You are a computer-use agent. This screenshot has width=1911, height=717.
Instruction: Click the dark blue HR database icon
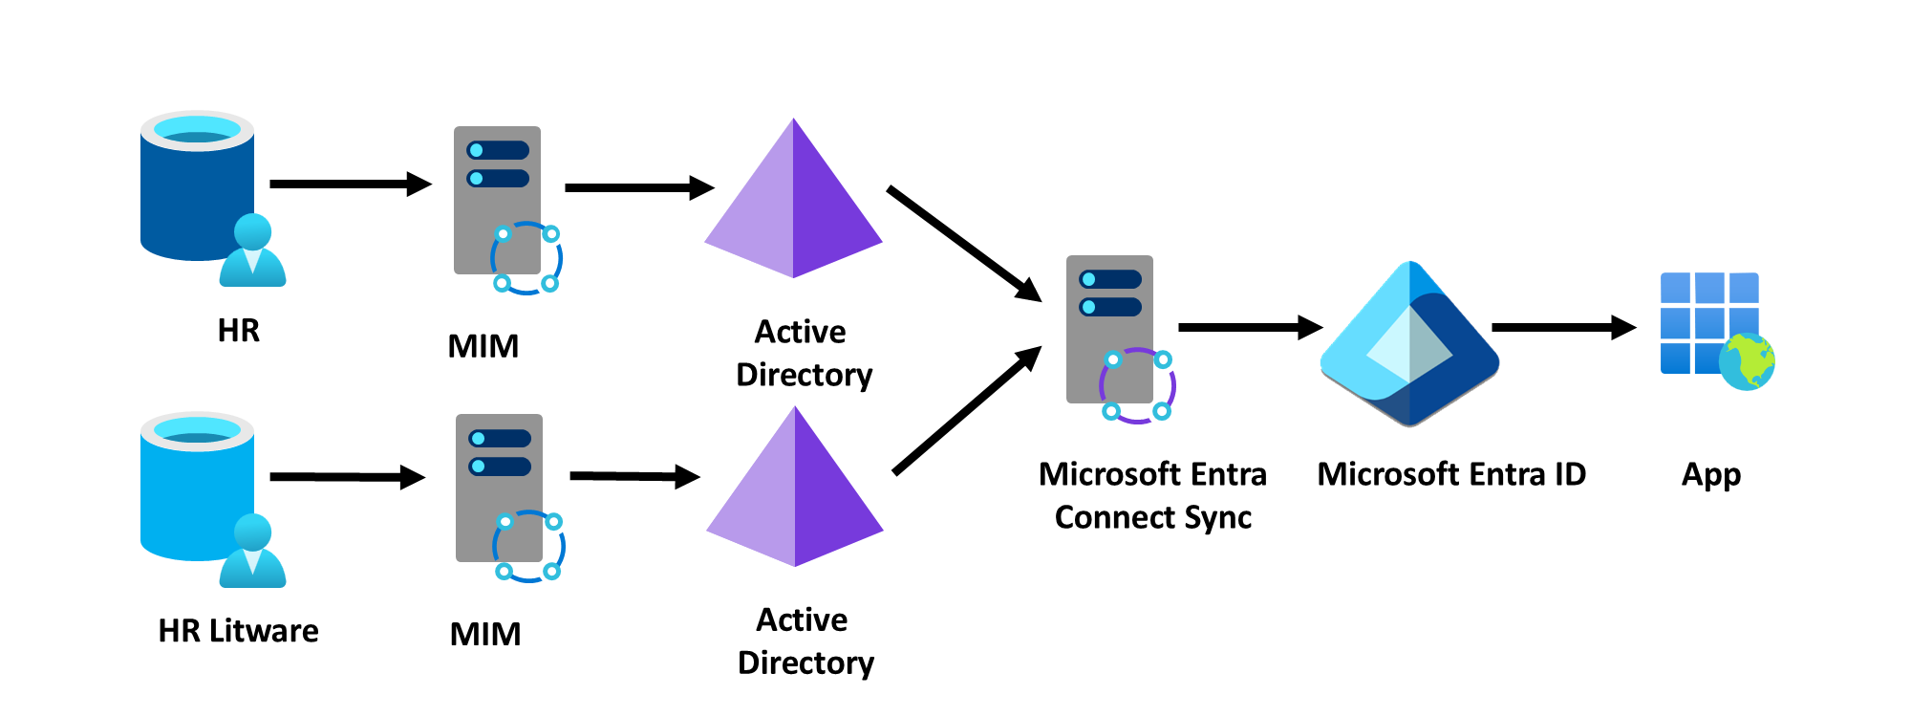point(196,186)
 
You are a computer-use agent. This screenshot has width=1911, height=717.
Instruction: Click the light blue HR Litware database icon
point(196,488)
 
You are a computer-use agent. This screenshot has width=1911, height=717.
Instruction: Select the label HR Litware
point(238,631)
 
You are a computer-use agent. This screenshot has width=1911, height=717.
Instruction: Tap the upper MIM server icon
point(498,201)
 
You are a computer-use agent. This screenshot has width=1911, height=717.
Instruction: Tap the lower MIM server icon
point(500,489)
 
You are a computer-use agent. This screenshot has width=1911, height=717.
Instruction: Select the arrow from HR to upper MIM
point(350,184)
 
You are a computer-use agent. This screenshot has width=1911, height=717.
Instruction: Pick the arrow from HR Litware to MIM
point(347,476)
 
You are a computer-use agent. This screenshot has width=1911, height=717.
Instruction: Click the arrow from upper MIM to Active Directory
point(638,187)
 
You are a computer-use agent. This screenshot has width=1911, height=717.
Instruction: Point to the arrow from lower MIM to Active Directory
point(633,475)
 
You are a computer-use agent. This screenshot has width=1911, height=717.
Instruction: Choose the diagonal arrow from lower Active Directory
point(966,411)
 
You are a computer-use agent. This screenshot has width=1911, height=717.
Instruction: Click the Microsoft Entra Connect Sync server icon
point(1110,330)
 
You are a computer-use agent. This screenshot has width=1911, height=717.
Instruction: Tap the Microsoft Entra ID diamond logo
point(1409,344)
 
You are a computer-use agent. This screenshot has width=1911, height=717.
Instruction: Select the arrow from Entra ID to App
point(1563,327)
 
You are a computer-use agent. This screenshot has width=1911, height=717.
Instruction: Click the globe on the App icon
point(1747,361)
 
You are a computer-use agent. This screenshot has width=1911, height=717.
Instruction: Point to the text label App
point(1710,475)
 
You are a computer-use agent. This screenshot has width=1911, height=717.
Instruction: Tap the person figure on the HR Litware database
point(252,552)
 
